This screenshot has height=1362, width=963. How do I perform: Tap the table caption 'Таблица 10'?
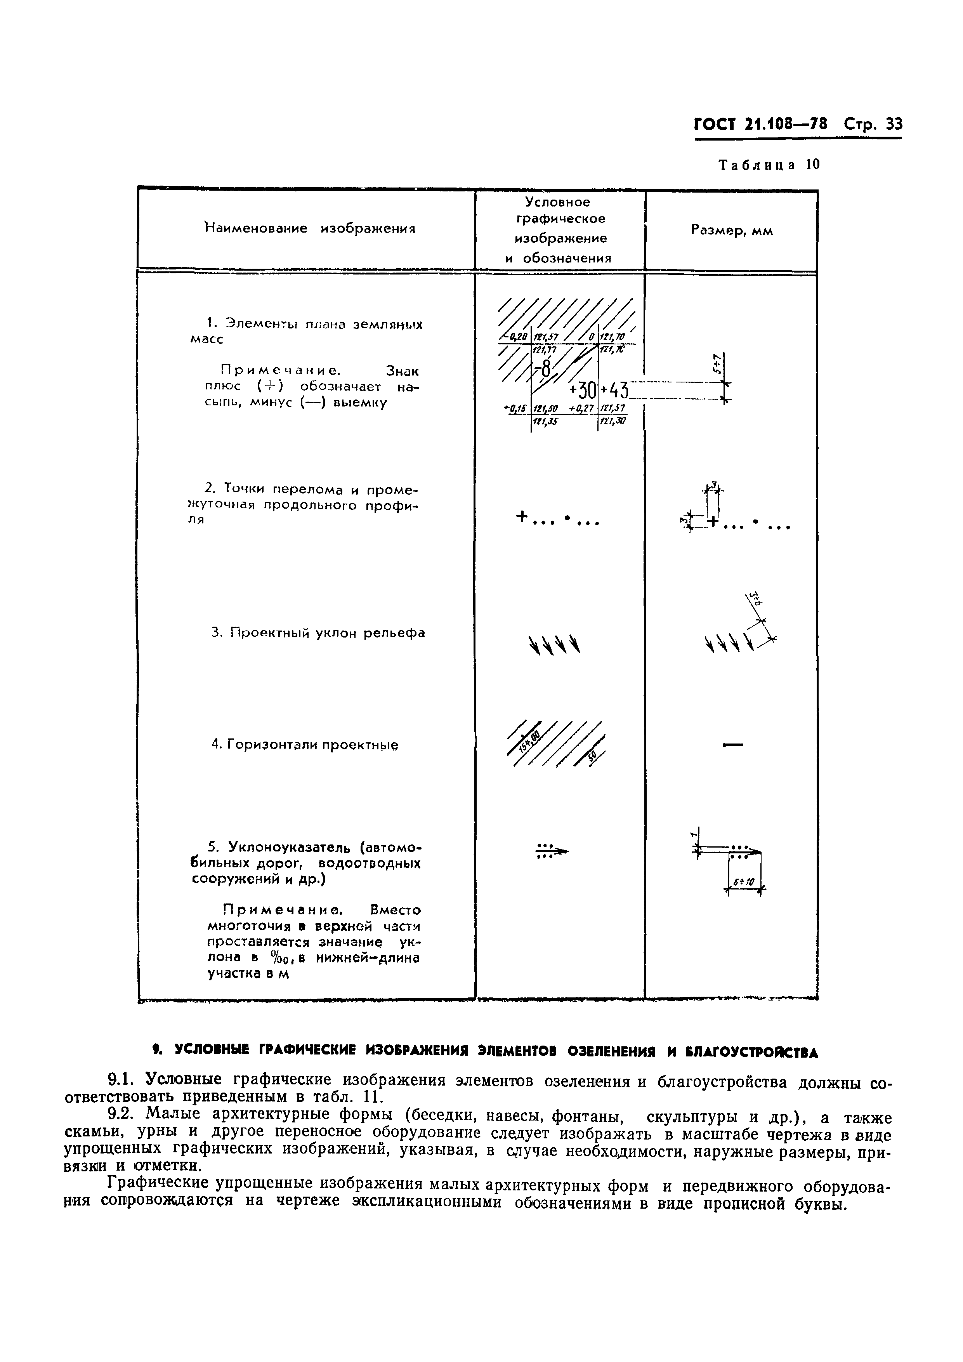pyautogui.click(x=769, y=165)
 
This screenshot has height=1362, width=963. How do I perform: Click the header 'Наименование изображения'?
pyautogui.click(x=309, y=229)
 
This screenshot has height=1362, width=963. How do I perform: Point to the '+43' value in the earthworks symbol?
pyautogui.click(x=614, y=391)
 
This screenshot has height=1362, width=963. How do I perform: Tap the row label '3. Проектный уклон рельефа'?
pyautogui.click(x=318, y=633)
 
